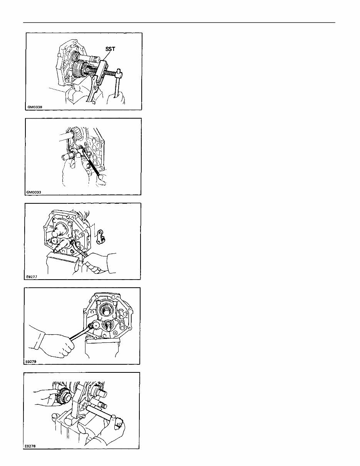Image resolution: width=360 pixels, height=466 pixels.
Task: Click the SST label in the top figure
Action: point(110,49)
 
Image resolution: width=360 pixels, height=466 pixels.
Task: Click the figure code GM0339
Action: point(35,107)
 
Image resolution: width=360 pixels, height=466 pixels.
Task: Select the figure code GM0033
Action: point(33,192)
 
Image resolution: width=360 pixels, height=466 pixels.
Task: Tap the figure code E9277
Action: point(32,277)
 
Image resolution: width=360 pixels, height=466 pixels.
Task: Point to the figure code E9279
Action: point(31,361)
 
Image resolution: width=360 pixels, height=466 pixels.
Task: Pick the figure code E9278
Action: point(30,446)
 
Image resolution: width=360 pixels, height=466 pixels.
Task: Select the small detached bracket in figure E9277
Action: point(100,237)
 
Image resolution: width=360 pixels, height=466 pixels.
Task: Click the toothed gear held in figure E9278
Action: point(63,397)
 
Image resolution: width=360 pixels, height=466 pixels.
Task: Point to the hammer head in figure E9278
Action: point(119,421)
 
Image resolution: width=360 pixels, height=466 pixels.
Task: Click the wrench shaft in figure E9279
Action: point(79,334)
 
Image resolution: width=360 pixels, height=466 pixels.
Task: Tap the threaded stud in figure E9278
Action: point(103,405)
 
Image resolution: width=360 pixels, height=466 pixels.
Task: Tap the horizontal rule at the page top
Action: point(179,22)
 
